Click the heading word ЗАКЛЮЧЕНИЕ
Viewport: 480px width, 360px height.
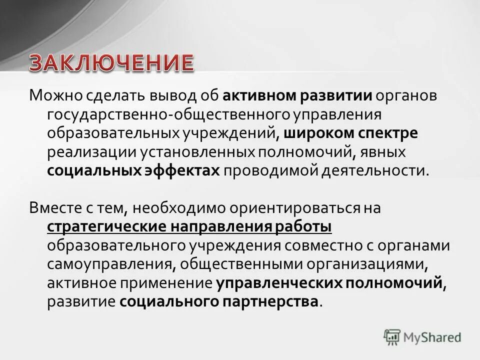click(110, 64)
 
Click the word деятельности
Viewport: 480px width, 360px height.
click(376, 170)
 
